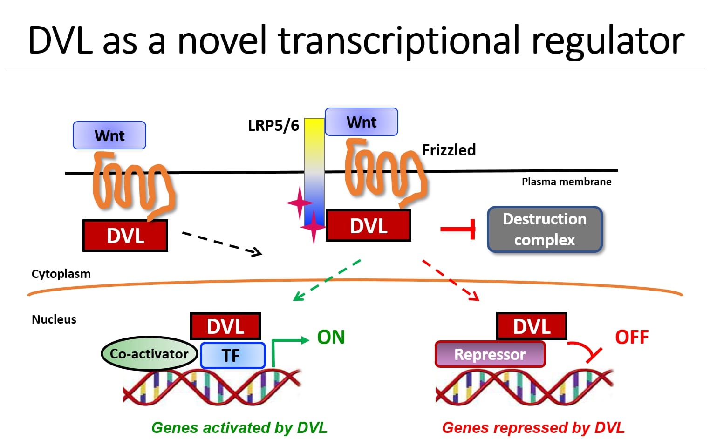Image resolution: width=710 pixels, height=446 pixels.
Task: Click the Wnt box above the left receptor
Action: [x=109, y=135]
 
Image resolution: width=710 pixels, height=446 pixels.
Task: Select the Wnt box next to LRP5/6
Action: [x=362, y=122]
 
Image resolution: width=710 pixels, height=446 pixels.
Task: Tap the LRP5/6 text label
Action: [x=273, y=125]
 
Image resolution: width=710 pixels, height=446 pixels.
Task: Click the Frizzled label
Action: [x=449, y=150]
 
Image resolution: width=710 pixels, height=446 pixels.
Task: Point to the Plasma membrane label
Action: [x=567, y=182]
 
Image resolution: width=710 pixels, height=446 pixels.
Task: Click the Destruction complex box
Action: [x=545, y=230]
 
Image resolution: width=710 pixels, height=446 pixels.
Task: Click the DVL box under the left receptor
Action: [x=125, y=236]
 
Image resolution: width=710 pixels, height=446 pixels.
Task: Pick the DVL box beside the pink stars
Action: [x=369, y=225]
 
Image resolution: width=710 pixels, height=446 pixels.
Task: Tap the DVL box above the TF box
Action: [x=225, y=326]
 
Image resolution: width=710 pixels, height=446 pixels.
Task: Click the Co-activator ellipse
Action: [x=149, y=353]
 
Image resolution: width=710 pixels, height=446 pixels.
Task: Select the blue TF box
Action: [x=232, y=355]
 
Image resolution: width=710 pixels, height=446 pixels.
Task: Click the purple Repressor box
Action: [x=490, y=354]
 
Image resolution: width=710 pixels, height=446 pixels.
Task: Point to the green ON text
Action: [x=331, y=337]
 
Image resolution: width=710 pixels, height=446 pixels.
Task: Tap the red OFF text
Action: [x=632, y=337]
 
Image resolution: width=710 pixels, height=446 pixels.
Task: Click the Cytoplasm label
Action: [x=61, y=274]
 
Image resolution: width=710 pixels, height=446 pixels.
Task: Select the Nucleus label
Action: [x=54, y=319]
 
